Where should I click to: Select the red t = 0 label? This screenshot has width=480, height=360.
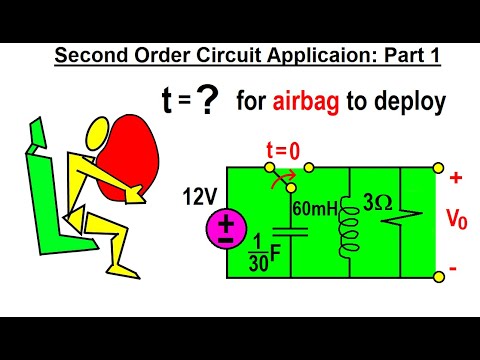(x=283, y=152)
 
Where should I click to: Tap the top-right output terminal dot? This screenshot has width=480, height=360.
(x=437, y=168)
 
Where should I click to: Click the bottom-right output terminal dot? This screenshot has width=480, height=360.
(x=437, y=274)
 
